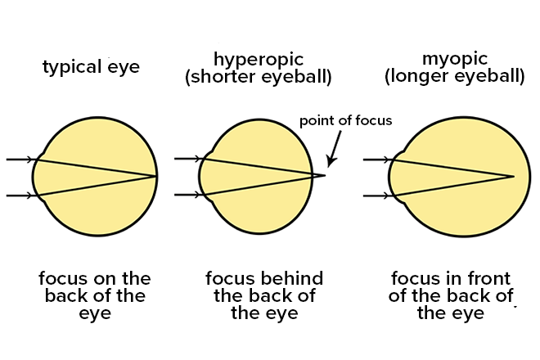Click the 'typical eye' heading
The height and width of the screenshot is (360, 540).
(91, 66)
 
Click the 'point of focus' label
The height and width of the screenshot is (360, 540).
(345, 120)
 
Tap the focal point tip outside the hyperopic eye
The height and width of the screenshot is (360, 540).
(324, 175)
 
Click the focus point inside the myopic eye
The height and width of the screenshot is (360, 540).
(513, 176)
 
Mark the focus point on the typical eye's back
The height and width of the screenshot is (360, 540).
(156, 176)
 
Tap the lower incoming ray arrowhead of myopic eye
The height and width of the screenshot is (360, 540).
(387, 196)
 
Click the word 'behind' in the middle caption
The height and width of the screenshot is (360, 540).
(292, 277)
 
